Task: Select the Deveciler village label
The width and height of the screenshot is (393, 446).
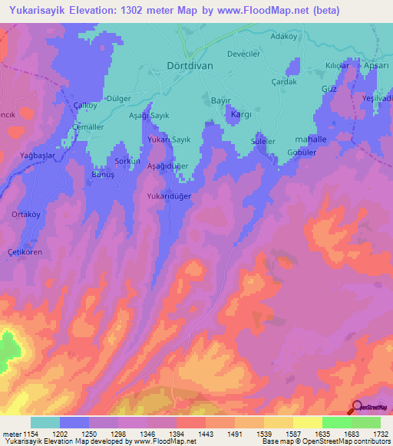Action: click(x=248, y=55)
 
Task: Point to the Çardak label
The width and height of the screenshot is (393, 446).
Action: click(x=283, y=82)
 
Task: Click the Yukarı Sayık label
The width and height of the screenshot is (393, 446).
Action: click(x=169, y=140)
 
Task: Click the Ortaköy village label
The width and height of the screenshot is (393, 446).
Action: click(x=25, y=215)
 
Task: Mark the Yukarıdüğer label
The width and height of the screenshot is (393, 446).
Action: click(x=168, y=196)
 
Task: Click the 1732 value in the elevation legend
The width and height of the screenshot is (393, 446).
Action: click(x=379, y=435)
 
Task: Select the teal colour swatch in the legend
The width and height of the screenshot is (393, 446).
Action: click(x=45, y=422)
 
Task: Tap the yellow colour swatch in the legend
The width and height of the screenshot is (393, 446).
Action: click(x=307, y=422)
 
